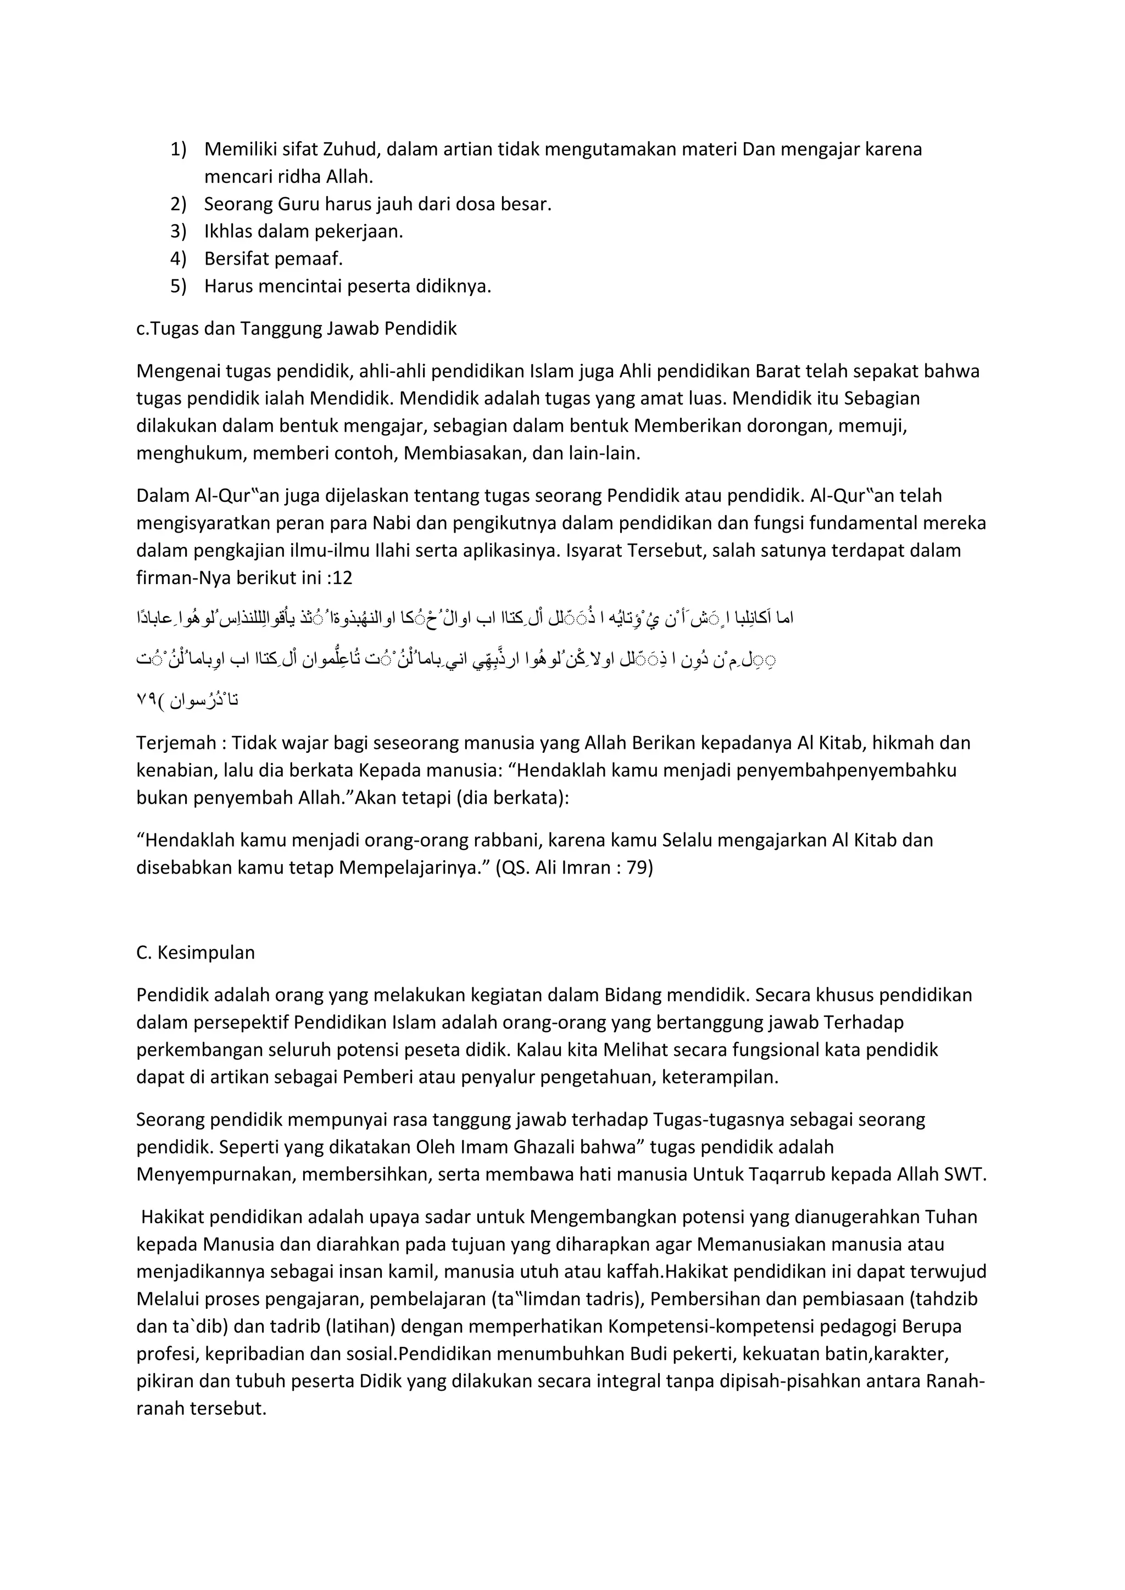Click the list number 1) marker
point(178,149)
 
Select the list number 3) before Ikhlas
point(178,231)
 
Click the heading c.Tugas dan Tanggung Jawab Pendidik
point(297,328)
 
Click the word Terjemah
point(176,743)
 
